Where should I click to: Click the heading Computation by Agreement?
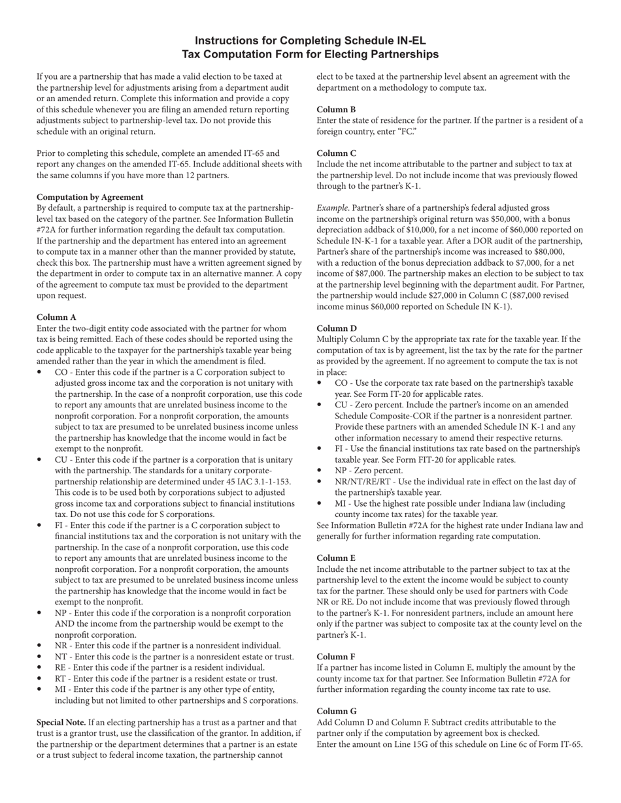[90, 197]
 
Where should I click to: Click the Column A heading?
[56, 317]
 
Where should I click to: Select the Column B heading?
[336, 110]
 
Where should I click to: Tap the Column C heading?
[336, 153]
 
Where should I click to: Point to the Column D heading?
[337, 328]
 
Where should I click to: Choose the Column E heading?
[336, 558]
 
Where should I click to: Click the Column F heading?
[336, 657]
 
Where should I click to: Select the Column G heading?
[337, 712]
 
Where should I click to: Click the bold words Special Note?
[61, 723]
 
